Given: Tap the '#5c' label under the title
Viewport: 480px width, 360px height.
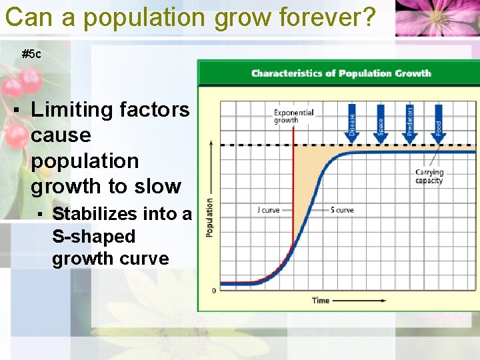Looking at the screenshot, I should coord(31,54).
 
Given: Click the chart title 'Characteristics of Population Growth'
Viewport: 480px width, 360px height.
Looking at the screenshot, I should coord(341,73).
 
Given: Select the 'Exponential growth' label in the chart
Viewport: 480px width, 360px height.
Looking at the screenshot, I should coord(293,117).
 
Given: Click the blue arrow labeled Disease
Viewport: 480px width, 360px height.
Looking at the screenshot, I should coord(352,123).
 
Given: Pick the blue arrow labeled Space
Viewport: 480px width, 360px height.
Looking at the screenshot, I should coord(381,123).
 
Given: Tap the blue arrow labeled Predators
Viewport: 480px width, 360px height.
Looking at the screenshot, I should coord(409,123).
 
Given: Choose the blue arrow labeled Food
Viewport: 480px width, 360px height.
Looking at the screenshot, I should coord(438,123).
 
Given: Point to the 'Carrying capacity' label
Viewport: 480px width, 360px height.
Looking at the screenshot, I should coord(429,177).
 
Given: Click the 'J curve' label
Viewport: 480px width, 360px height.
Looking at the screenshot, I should coord(268,210).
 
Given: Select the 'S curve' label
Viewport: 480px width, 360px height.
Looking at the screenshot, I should coord(342,210).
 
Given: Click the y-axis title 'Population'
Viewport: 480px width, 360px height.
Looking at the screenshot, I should coord(209,217).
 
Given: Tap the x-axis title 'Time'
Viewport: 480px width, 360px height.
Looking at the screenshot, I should coord(321,301).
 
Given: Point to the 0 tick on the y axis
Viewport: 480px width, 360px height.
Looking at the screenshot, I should coord(213,291).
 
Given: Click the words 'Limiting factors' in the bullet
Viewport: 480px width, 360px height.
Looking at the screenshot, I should coord(110,109).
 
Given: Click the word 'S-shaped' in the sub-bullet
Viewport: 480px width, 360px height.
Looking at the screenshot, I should coord(93,237).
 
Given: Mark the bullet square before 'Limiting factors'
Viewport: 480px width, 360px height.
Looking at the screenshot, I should coord(15,109).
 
